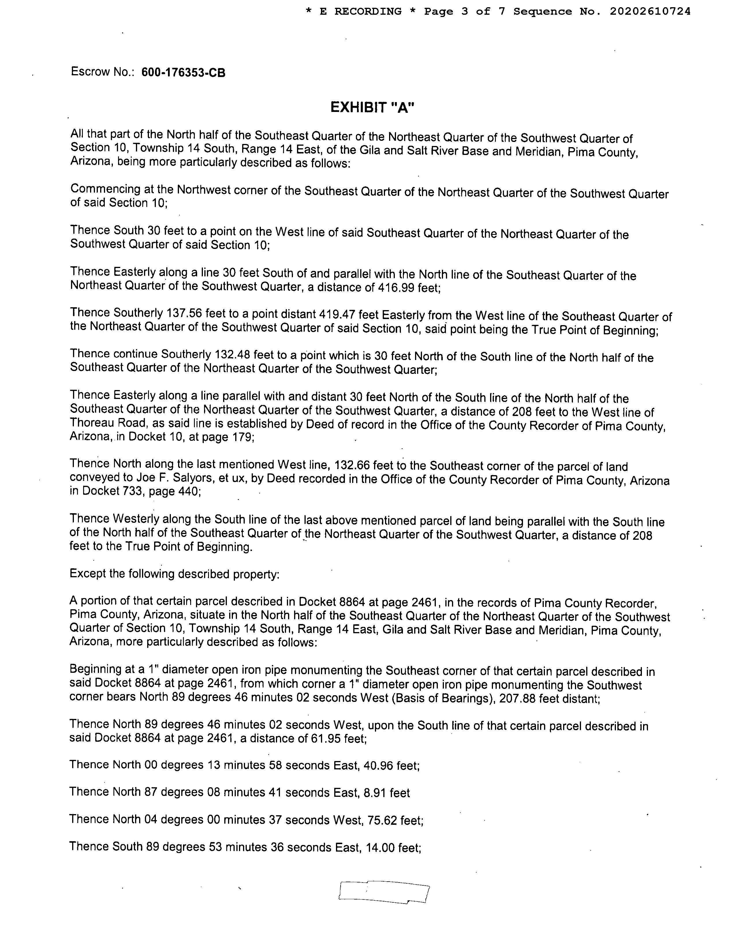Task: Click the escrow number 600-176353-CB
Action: (x=184, y=73)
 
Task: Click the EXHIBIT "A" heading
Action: (x=372, y=107)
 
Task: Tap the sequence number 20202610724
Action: (x=650, y=12)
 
